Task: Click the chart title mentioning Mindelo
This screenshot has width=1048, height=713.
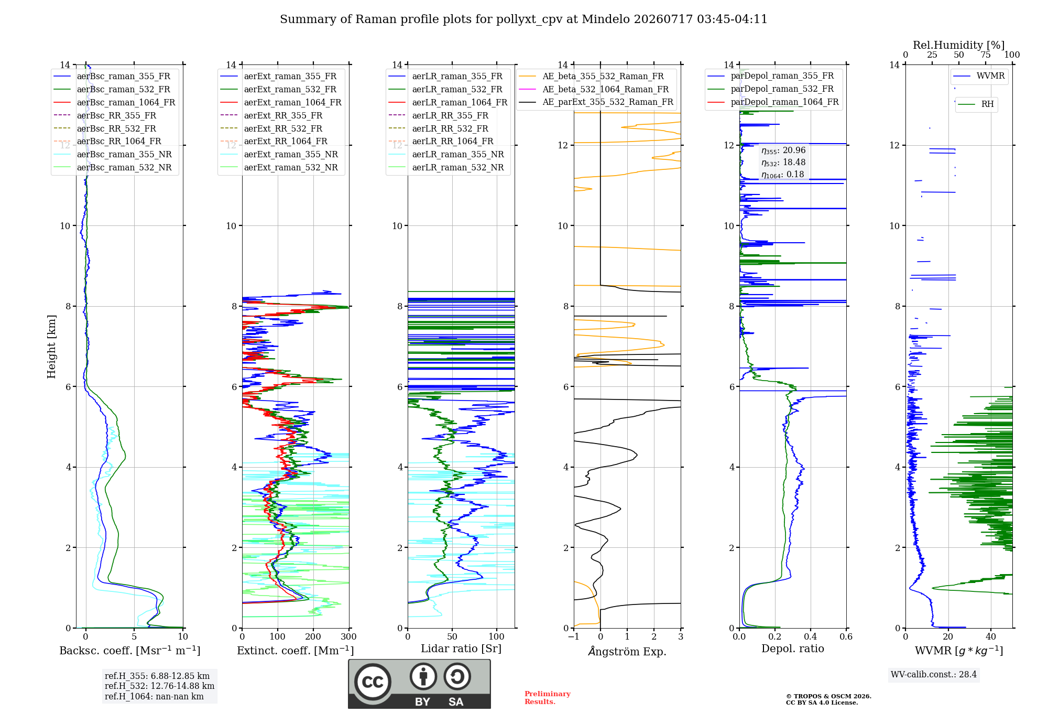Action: pyautogui.click(x=523, y=19)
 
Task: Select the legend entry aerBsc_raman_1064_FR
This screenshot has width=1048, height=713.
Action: pyautogui.click(x=126, y=102)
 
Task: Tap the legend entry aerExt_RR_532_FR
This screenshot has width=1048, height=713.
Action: pyautogui.click(x=283, y=128)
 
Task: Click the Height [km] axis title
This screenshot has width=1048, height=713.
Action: pyautogui.click(x=51, y=347)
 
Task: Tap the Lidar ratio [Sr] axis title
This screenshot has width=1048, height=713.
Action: pyautogui.click(x=461, y=649)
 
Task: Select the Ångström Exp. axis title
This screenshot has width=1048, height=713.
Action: pyautogui.click(x=627, y=651)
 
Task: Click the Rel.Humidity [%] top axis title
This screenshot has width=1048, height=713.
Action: pyautogui.click(x=959, y=45)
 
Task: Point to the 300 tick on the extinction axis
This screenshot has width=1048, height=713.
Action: pyautogui.click(x=348, y=636)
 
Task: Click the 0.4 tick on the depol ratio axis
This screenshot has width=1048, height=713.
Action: pyautogui.click(x=811, y=636)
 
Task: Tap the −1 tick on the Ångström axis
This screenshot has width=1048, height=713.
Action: pyautogui.click(x=574, y=636)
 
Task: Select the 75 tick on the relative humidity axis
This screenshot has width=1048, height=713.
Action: pyautogui.click(x=986, y=55)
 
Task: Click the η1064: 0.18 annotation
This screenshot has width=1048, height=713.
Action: pyautogui.click(x=783, y=175)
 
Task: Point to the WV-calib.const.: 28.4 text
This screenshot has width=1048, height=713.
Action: pyautogui.click(x=934, y=674)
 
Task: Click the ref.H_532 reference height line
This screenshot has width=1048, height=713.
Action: pyautogui.click(x=159, y=686)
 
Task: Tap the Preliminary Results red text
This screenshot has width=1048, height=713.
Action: pyautogui.click(x=548, y=698)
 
